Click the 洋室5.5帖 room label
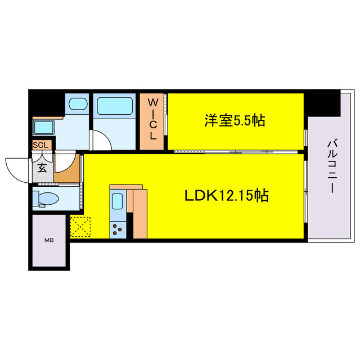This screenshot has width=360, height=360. [x=235, y=120]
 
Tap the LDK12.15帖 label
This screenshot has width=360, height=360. [x=226, y=196]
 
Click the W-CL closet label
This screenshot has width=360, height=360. [x=152, y=119]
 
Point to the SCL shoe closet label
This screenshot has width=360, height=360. [x=42, y=145]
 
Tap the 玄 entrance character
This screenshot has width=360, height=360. [x=42, y=167]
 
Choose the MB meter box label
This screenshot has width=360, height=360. [x=49, y=240]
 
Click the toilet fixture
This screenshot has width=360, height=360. [x=48, y=199]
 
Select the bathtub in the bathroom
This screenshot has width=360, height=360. [x=114, y=106]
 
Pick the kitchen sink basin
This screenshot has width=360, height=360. [x=119, y=201]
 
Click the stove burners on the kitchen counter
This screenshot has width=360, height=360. [x=118, y=228]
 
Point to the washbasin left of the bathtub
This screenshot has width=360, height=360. [x=77, y=105]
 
